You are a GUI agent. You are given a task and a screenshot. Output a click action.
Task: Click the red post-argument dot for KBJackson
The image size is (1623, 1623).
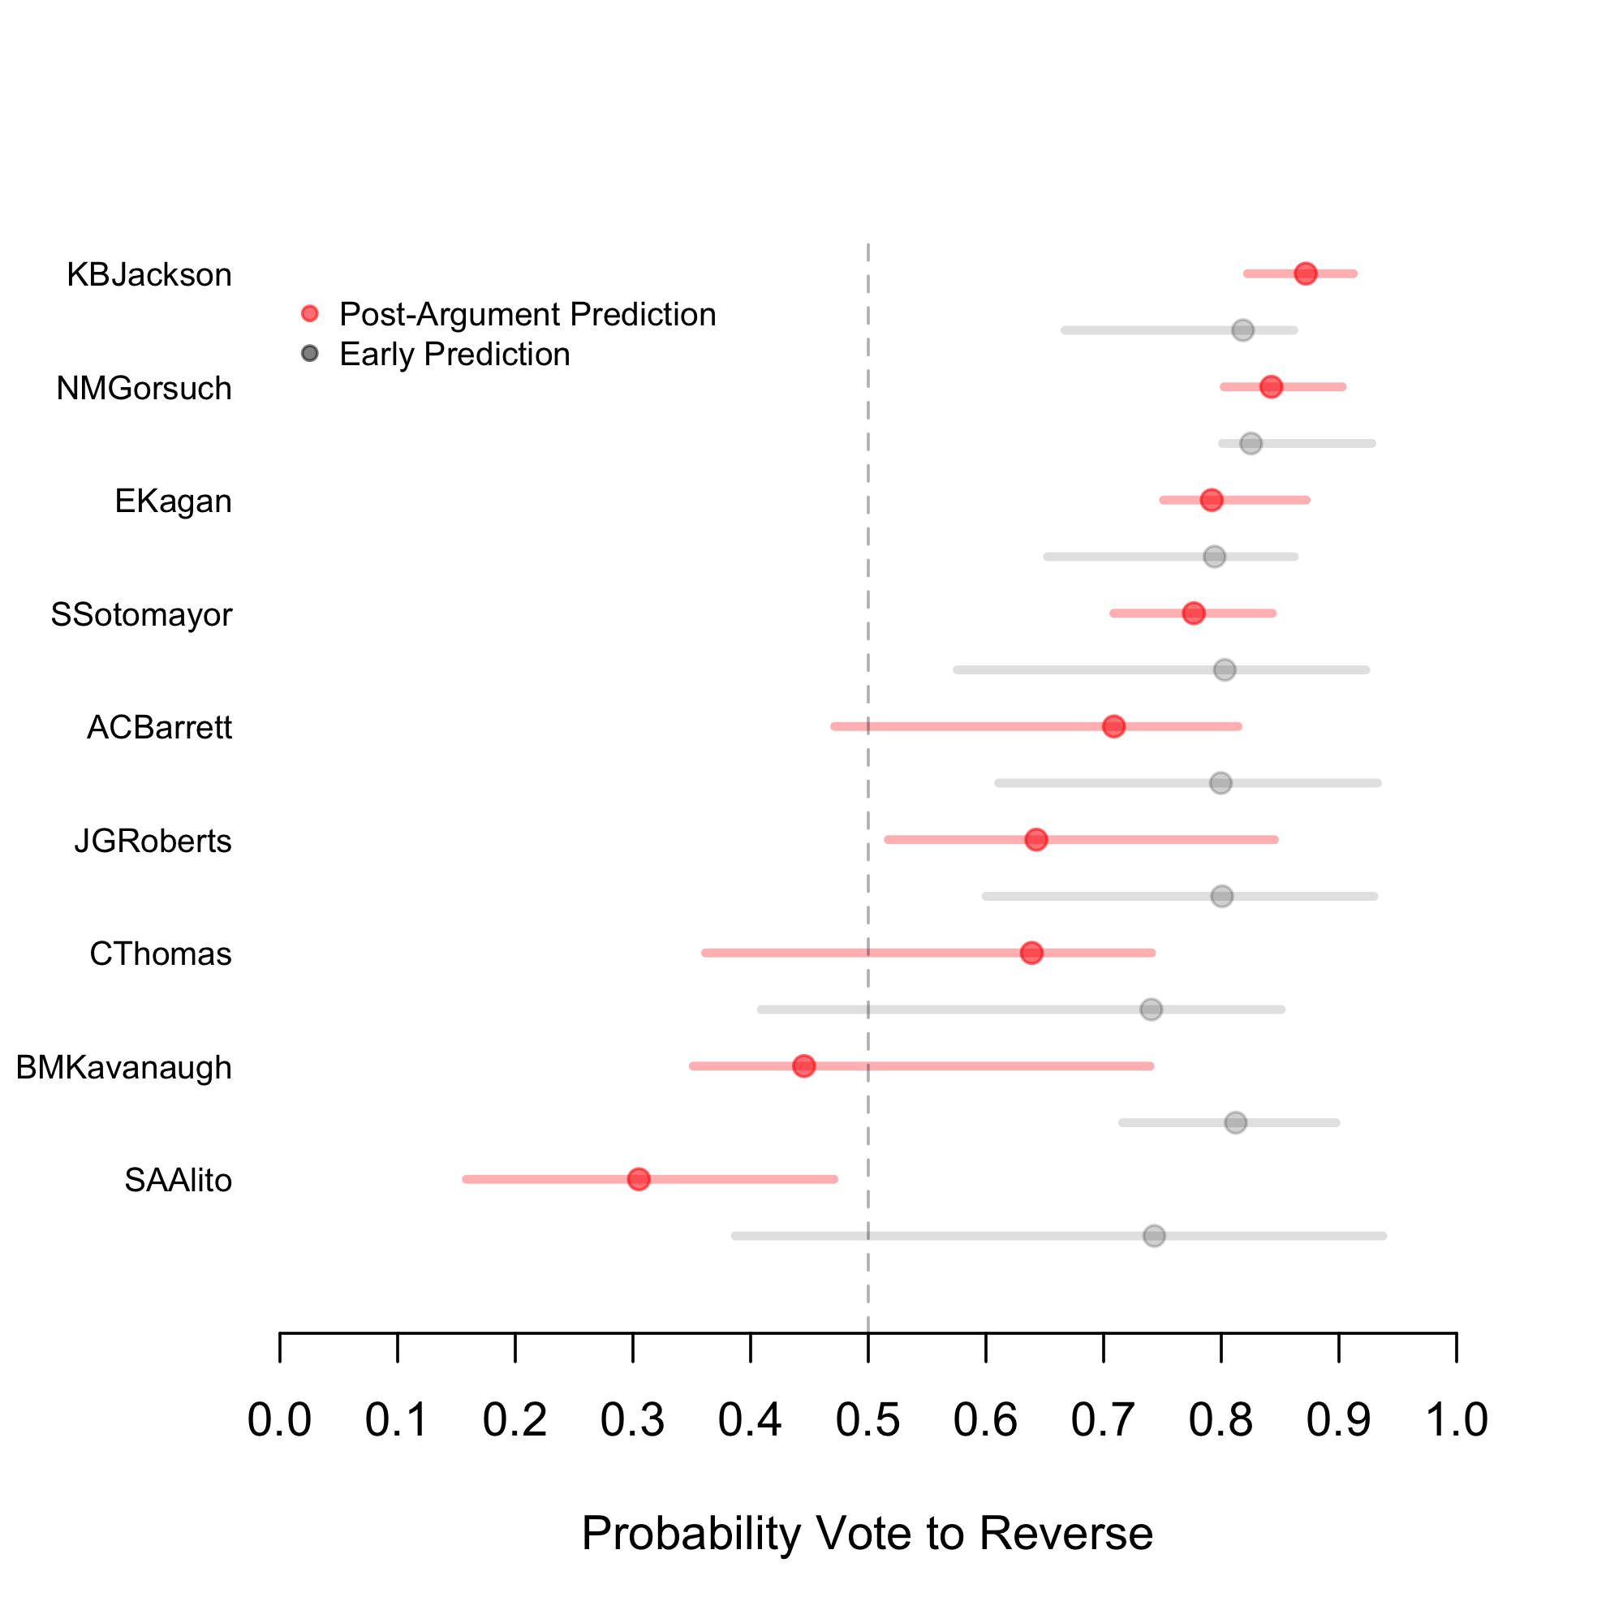[x=1305, y=273]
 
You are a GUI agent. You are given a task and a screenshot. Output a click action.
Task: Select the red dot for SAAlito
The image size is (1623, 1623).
[x=639, y=1179]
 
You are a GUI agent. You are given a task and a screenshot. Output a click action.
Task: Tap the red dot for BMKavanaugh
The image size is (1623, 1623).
[x=804, y=1066]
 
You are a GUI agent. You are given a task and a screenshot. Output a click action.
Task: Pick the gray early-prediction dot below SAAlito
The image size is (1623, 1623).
[x=1154, y=1236]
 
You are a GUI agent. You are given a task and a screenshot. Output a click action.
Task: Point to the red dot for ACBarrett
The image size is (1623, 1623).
[x=1114, y=726]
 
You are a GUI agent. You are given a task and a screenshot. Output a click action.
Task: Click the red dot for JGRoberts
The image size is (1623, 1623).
[x=1036, y=839]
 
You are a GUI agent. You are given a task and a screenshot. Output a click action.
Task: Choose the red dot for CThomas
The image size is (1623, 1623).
[x=1031, y=953]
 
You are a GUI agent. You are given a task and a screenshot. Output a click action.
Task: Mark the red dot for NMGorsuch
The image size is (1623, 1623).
[x=1271, y=386]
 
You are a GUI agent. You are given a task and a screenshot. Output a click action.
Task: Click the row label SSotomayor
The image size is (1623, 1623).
[x=141, y=615]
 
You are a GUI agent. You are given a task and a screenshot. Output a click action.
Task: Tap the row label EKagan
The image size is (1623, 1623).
[x=173, y=502]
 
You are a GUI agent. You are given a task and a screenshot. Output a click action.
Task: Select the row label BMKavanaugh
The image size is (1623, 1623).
[x=123, y=1068]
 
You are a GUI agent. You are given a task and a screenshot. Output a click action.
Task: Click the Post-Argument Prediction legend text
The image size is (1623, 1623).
[x=527, y=315]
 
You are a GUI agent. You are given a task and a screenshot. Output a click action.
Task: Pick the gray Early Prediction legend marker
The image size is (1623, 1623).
[x=310, y=354]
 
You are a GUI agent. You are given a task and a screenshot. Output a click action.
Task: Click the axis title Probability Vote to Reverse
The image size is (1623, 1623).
[x=867, y=1533]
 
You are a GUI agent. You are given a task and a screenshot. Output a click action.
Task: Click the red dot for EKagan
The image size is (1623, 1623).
[x=1212, y=500]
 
